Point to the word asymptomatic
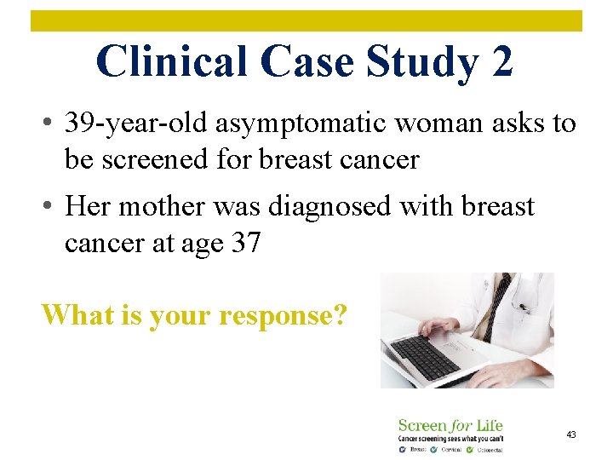pyautogui.click(x=278, y=124)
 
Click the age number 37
pyautogui.click(x=245, y=243)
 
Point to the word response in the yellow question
pyautogui.click(x=282, y=315)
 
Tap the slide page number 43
pyautogui.click(x=571, y=434)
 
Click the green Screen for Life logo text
pyautogui.click(x=450, y=425)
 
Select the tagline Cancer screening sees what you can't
pyautogui.click(x=450, y=438)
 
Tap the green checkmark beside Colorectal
pyautogui.click(x=471, y=449)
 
